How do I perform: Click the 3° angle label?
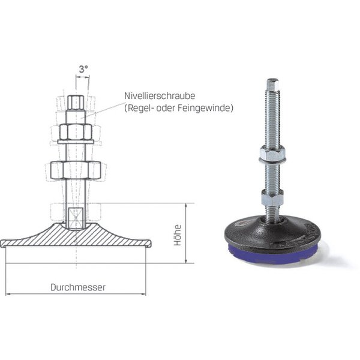(x=83, y=69)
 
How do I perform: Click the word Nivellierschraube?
(x=160, y=96)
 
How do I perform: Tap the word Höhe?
(x=178, y=235)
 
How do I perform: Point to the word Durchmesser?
(x=78, y=287)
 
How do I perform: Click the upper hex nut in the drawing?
(x=76, y=132)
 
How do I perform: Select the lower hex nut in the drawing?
(x=76, y=170)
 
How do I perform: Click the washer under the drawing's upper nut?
(x=76, y=142)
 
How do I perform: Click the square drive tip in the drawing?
(x=76, y=103)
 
